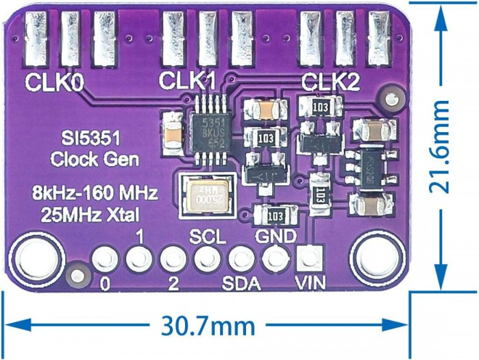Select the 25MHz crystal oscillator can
tap(208, 197)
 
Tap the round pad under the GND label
tap(274, 256)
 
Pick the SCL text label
tap(208, 237)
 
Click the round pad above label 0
tap(105, 257)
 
